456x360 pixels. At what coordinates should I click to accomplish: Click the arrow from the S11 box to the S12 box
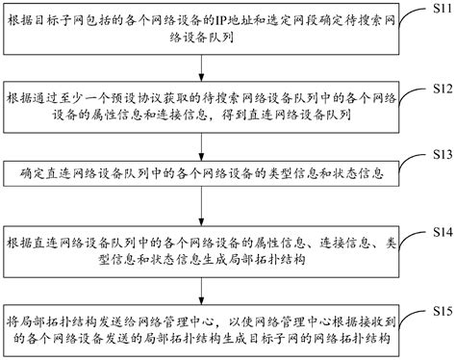200,67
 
